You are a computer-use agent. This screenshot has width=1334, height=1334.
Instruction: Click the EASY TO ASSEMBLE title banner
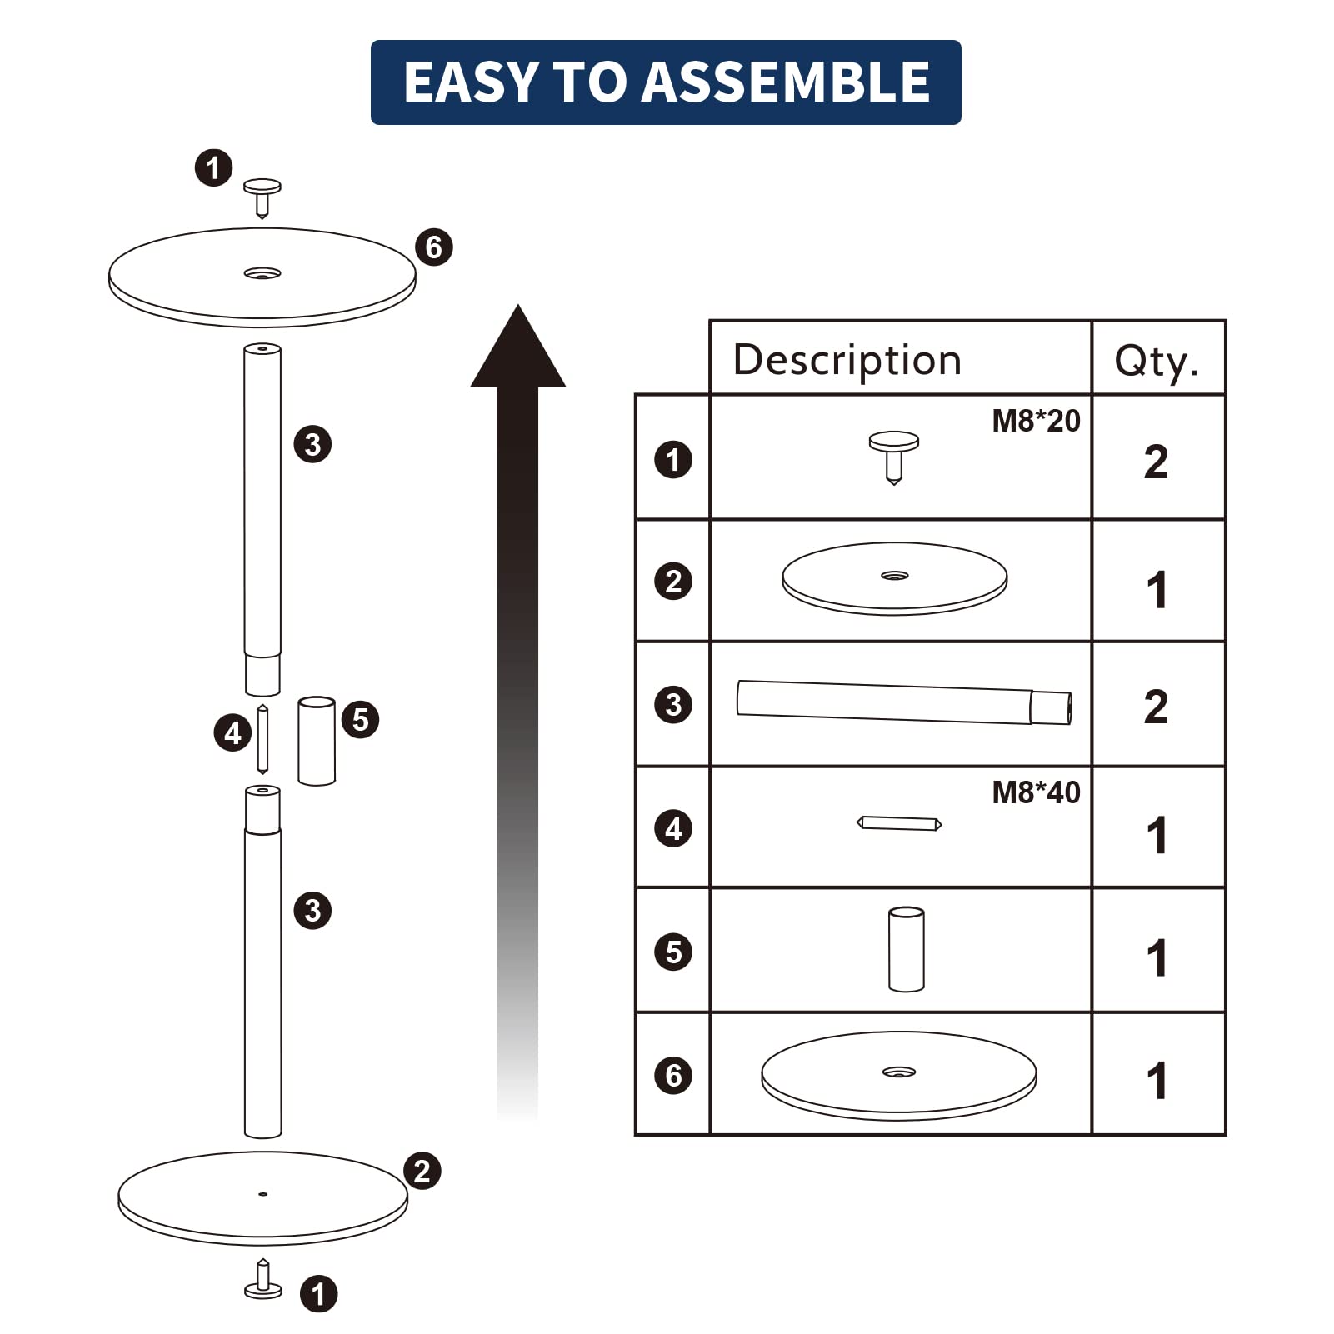click(x=666, y=82)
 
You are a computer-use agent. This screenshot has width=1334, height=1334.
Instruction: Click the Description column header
click(x=847, y=360)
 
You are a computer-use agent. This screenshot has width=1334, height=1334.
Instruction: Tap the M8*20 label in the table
click(x=1036, y=421)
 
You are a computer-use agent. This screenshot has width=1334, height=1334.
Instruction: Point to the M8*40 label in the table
click(x=1036, y=792)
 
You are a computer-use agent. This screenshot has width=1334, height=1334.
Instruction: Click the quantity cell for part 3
click(x=1156, y=707)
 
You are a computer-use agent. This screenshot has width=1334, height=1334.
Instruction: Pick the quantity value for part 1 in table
click(x=1156, y=462)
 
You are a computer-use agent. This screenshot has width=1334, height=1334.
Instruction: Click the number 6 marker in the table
click(x=673, y=1075)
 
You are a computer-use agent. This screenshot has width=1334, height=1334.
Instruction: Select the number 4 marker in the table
click(x=673, y=829)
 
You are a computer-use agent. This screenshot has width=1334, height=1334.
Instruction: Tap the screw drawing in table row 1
click(x=894, y=457)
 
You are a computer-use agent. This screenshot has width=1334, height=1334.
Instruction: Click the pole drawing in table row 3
click(x=904, y=702)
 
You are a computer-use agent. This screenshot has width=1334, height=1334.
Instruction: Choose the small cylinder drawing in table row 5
click(x=907, y=949)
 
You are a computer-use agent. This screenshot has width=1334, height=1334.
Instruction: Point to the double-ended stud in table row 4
click(x=900, y=823)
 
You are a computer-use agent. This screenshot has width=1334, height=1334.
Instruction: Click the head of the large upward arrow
click(x=518, y=346)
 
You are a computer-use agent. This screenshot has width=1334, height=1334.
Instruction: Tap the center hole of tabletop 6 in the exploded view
click(x=262, y=272)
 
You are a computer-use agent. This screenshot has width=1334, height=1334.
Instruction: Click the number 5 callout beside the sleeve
click(x=360, y=719)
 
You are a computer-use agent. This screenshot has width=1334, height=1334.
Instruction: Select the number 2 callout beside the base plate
click(x=422, y=1171)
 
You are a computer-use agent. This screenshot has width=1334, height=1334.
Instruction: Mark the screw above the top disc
click(x=262, y=197)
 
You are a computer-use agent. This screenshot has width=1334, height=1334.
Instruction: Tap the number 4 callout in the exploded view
click(x=232, y=733)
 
